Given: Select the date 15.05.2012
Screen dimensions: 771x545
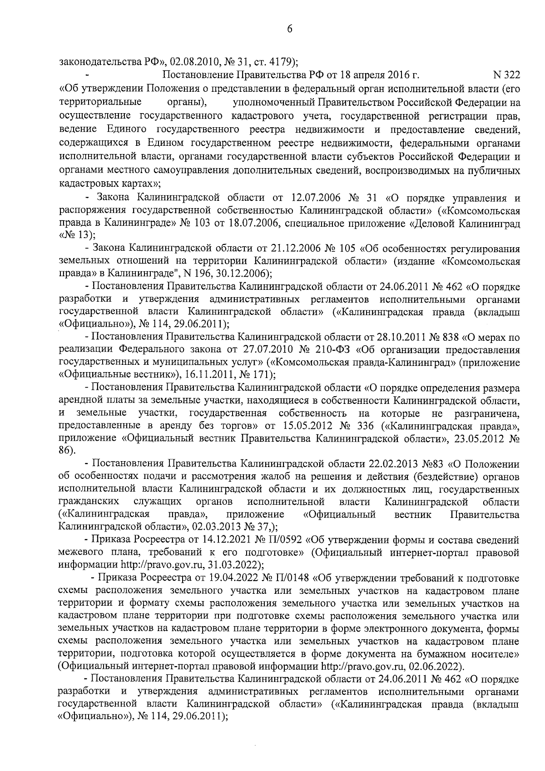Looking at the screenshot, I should click(301, 426).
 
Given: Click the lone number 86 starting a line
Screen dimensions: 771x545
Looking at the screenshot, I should click(66, 451).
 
